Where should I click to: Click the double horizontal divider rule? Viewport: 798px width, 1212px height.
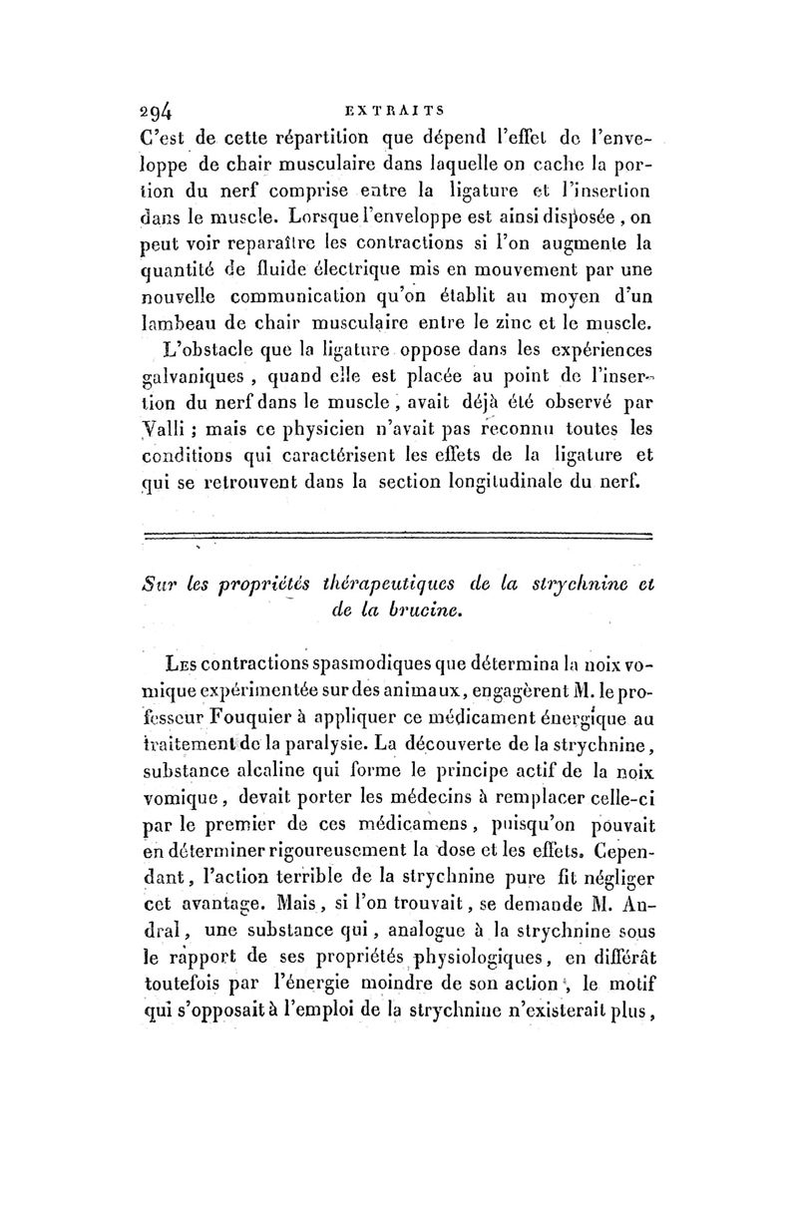pos(398,538)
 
